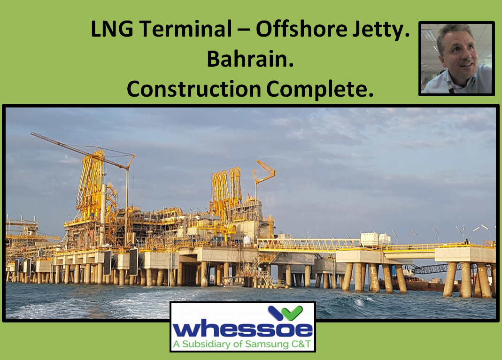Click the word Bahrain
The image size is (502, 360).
tap(250, 60)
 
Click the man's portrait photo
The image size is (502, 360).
tap(456, 59)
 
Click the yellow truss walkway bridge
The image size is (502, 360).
tap(308, 244)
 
